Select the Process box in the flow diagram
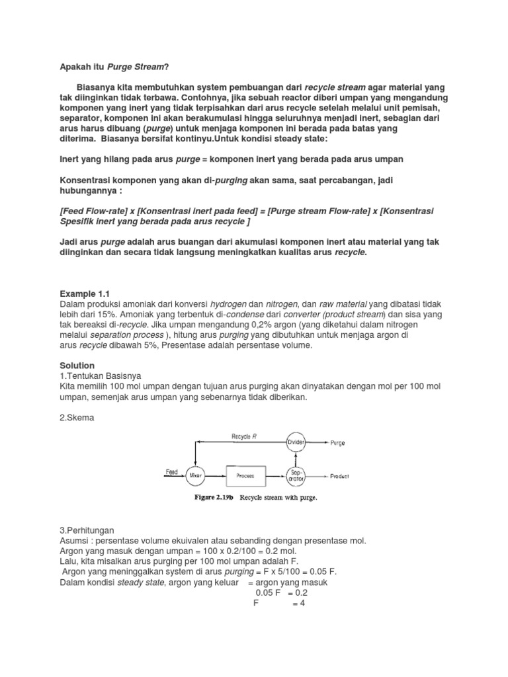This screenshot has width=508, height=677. pos(245,475)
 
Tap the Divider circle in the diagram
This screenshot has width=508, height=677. pos(296,442)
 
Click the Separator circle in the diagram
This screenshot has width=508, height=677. pos(296,475)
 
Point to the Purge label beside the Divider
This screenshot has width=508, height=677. pos(337,443)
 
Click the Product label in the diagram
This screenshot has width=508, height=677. pos(340,476)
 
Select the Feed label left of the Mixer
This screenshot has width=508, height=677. pos(172,472)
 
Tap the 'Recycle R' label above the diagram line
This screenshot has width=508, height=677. pos(244,436)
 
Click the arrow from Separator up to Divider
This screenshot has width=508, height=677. pos(296,458)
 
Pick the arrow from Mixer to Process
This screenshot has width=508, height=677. pos(214,475)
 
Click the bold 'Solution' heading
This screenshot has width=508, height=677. pos(77,366)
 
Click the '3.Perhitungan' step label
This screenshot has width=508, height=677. pos(86,530)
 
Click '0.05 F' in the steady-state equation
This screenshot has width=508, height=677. pos(267,593)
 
